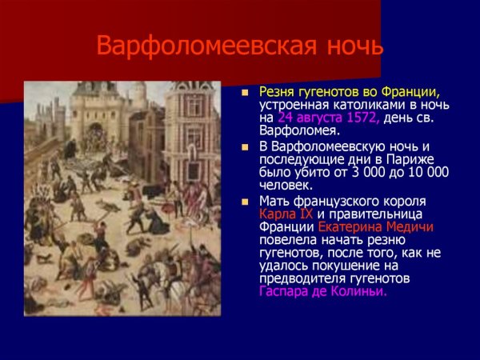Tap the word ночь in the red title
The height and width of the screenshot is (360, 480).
click(x=349, y=46)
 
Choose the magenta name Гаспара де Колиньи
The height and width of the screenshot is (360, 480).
click(x=322, y=291)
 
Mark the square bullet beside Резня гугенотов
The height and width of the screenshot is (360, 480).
click(x=247, y=92)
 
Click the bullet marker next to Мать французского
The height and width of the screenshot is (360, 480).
click(x=247, y=202)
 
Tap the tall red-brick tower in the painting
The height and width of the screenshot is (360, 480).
click(x=192, y=128)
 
